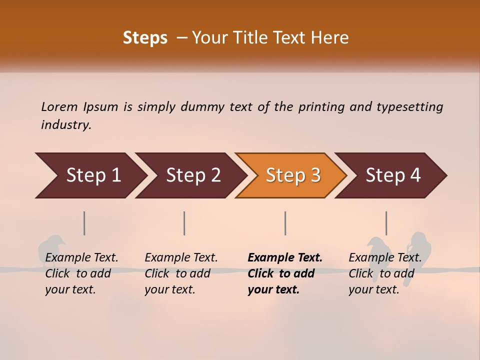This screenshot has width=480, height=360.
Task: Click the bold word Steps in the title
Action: pyautogui.click(x=145, y=38)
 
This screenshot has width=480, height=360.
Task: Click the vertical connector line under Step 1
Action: pyautogui.click(x=84, y=223)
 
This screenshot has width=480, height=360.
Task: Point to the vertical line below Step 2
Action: pyautogui.click(x=184, y=223)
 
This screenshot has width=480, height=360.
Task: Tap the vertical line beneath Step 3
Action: pyautogui.click(x=285, y=223)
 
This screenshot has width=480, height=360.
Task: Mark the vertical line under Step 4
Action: pyautogui.click(x=386, y=223)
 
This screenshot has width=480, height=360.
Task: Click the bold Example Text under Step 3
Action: pyautogui.click(x=285, y=258)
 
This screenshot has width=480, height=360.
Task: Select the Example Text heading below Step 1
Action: pyautogui.click(x=81, y=258)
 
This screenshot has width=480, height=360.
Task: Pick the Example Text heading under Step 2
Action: pyautogui.click(x=181, y=258)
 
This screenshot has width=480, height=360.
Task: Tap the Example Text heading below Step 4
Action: pyautogui.click(x=385, y=258)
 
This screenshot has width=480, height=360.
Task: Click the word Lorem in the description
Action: pyautogui.click(x=59, y=107)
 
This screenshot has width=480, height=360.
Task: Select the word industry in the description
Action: pyautogui.click(x=65, y=125)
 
